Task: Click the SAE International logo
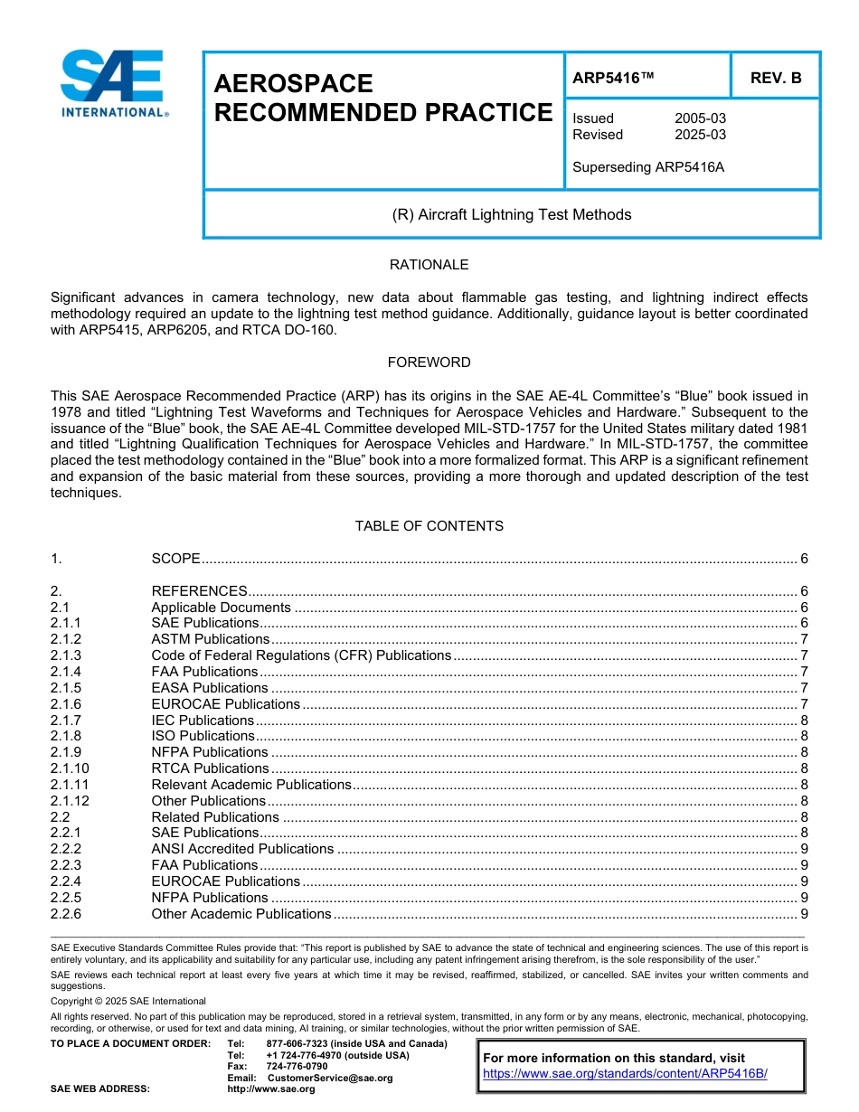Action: tap(114, 84)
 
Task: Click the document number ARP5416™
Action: tap(613, 79)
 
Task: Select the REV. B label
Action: tap(776, 79)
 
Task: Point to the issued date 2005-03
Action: tap(700, 118)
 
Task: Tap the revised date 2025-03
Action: tap(700, 135)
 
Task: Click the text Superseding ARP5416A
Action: tap(648, 167)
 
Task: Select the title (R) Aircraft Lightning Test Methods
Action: tap(511, 215)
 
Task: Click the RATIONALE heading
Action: tap(429, 265)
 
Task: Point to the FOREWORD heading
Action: tap(429, 363)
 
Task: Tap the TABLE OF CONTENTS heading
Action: tap(429, 526)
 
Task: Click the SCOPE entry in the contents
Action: tap(175, 559)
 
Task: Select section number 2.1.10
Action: tap(70, 768)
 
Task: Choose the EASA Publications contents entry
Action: tap(209, 688)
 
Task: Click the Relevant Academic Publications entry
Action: tap(250, 785)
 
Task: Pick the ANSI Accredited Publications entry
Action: tap(242, 849)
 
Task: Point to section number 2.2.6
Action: tap(66, 914)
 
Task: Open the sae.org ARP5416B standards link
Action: tap(625, 1074)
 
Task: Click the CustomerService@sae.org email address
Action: tap(330, 1078)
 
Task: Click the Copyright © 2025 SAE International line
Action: tap(128, 1001)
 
